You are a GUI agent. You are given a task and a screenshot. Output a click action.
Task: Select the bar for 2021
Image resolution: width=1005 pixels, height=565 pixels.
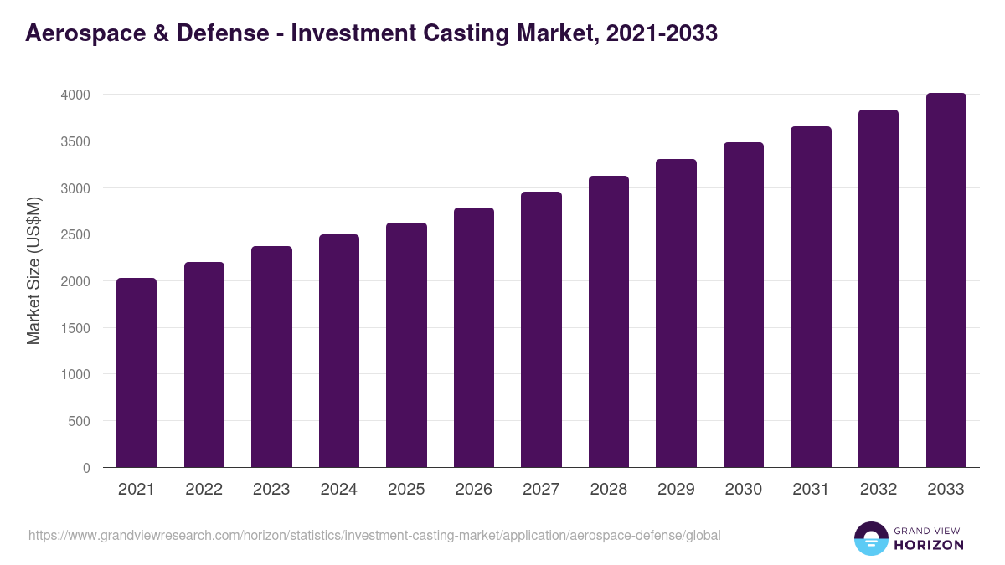tap(137, 372)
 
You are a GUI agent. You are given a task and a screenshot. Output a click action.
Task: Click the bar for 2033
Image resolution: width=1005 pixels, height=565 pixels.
tap(946, 280)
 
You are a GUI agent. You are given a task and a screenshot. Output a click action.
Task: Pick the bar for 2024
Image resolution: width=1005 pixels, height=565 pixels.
tap(339, 351)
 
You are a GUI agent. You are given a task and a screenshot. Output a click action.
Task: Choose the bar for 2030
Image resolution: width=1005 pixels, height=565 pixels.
tap(744, 305)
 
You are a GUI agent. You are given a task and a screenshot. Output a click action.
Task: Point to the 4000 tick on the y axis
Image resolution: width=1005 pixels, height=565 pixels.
tap(75, 95)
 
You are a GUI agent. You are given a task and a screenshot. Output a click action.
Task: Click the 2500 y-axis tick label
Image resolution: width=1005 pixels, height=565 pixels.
tap(75, 234)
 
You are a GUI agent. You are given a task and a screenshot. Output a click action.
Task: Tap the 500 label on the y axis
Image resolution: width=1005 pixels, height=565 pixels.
tap(80, 421)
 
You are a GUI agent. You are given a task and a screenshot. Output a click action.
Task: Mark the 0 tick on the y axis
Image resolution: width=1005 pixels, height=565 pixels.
tap(86, 468)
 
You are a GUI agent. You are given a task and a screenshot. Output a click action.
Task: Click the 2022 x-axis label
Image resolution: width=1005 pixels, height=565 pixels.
tap(204, 490)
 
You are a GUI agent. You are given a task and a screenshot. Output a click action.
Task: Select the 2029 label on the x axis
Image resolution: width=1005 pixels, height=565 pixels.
tap(676, 490)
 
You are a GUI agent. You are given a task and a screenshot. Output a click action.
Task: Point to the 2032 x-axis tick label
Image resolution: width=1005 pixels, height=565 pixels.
tap(879, 490)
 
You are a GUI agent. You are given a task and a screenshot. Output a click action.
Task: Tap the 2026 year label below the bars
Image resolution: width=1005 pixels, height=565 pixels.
tap(474, 490)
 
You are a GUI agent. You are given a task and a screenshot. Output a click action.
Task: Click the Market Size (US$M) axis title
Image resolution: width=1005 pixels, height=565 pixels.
tap(33, 270)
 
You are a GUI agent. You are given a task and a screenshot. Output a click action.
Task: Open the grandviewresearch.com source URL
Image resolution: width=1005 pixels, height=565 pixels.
tap(374, 535)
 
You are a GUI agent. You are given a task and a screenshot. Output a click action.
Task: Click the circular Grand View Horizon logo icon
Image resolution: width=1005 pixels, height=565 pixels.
tap(871, 538)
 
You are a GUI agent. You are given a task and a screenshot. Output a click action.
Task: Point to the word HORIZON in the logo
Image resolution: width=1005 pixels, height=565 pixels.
tap(929, 545)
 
